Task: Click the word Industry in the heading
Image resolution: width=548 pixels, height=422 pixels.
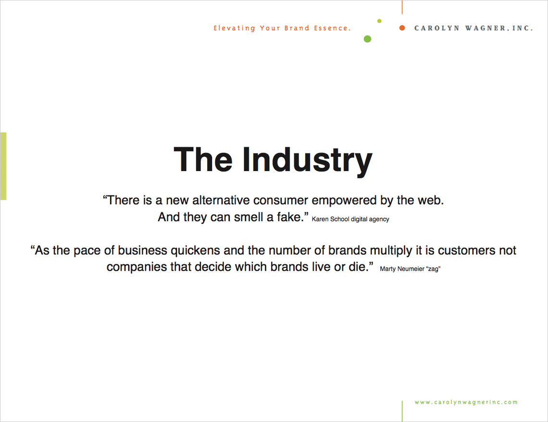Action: (x=307, y=161)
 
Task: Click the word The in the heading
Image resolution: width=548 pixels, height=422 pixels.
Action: (x=203, y=159)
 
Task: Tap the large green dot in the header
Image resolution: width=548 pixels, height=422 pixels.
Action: (x=367, y=39)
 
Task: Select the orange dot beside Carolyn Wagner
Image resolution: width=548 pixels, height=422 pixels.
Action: (x=402, y=28)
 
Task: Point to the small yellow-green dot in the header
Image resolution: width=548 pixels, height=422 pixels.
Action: (x=380, y=21)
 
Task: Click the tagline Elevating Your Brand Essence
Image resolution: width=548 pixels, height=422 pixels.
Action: (x=282, y=28)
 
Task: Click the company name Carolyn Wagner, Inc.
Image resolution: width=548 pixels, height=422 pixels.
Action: (x=473, y=28)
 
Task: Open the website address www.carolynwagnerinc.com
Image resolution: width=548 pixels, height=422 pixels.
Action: (x=466, y=402)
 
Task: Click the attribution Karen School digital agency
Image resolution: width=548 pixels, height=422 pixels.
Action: (x=350, y=219)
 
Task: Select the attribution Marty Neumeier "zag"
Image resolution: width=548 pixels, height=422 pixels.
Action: (x=410, y=269)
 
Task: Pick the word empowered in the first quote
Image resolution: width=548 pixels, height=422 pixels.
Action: (x=344, y=200)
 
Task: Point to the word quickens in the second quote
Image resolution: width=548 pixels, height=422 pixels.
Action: (x=195, y=250)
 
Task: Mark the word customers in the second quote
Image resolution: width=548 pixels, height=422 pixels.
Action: (x=467, y=250)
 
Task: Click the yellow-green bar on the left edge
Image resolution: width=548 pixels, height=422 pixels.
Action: (x=3, y=166)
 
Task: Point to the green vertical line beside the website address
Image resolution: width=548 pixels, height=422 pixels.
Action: (x=402, y=411)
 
